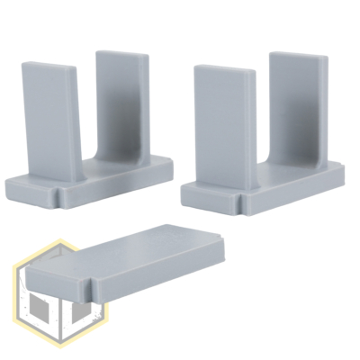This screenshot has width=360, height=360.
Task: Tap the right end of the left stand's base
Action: [x=171, y=167]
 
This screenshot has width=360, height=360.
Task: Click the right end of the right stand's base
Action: [x=344, y=176]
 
